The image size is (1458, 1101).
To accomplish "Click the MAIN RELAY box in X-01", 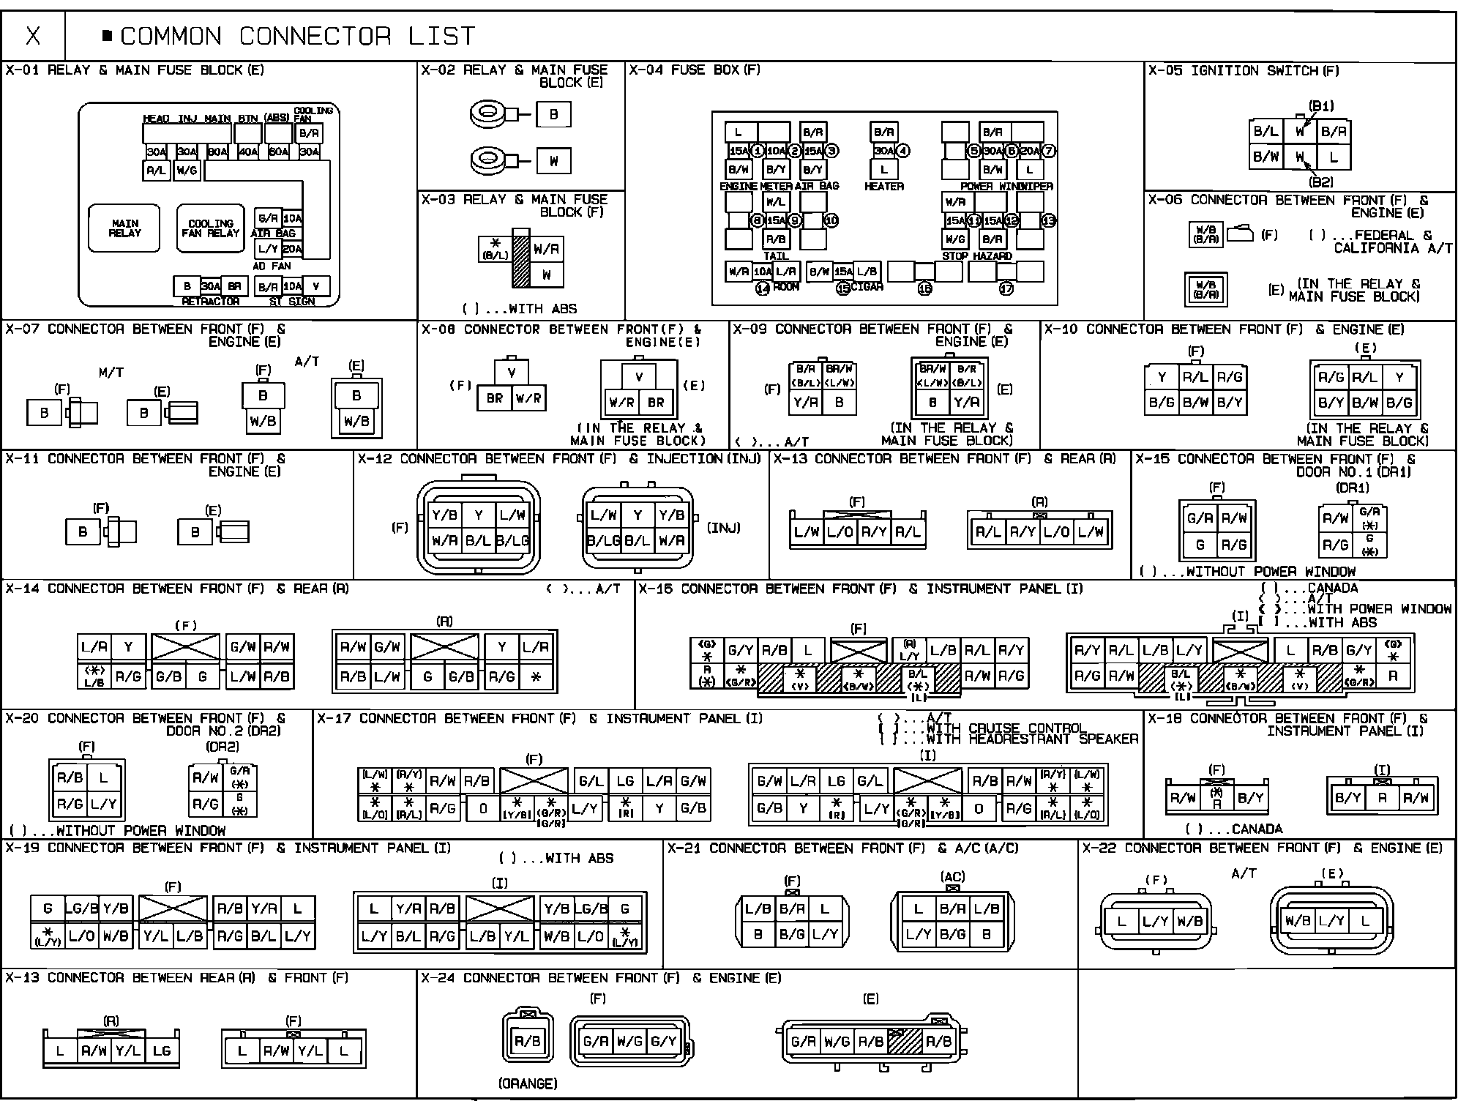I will (124, 228).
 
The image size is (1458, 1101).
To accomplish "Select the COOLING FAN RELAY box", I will (210, 228).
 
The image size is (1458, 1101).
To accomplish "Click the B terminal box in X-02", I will (553, 114).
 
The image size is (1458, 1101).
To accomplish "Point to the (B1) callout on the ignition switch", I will (1320, 106).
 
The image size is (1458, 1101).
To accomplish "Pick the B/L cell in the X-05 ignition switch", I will (1266, 132).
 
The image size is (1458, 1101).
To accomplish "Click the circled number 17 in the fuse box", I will (1006, 288).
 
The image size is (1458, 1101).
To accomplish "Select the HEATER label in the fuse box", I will (884, 187).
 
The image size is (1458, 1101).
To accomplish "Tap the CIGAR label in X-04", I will (867, 287).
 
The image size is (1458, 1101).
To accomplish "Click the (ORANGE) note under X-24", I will (528, 1083).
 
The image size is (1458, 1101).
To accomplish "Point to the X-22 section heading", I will (1262, 848).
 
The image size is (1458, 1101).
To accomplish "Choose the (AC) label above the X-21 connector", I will (952, 876).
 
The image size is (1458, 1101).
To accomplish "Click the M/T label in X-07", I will (111, 373).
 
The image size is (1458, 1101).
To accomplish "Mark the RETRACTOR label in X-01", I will (210, 302).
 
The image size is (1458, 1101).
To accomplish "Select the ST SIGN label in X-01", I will (292, 302).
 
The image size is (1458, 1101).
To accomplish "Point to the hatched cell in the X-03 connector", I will (520, 260).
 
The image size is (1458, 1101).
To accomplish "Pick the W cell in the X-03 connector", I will (547, 275).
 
